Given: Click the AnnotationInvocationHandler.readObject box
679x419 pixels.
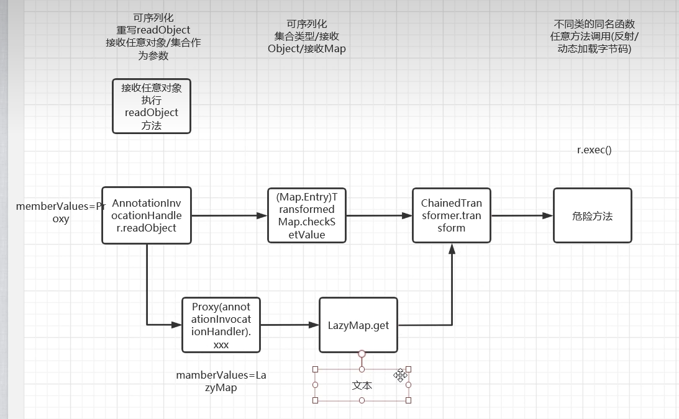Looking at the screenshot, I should coord(147,215).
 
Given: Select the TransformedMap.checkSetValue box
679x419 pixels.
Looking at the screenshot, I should coord(306,215).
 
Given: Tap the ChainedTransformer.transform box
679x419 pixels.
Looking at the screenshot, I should coord(451,215).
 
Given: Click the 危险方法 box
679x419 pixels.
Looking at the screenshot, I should coord(592,215).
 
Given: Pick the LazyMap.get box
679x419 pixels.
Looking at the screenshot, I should coord(358,325).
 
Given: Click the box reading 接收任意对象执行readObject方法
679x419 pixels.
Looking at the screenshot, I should coord(151,106).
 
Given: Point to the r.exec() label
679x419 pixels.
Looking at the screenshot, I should coord(594,150).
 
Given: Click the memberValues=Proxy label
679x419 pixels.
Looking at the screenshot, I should coord(61,212).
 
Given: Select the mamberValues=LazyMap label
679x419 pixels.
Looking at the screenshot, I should coord(221,381).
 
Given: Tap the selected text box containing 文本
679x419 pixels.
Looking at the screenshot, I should coord(362,385).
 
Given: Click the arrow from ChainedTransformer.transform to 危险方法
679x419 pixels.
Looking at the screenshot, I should coord(522,215).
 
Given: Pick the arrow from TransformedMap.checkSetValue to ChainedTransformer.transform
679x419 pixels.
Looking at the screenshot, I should coord(379,215).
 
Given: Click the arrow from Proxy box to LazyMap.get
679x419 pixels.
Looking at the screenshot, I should coord(289,325).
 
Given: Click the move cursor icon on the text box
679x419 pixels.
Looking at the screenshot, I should coord(400,374).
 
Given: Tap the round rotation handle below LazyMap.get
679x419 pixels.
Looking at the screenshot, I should coord(362,354).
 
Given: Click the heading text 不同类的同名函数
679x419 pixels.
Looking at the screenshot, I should coord(594,24).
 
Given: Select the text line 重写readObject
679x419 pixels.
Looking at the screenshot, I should coord(153,30).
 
